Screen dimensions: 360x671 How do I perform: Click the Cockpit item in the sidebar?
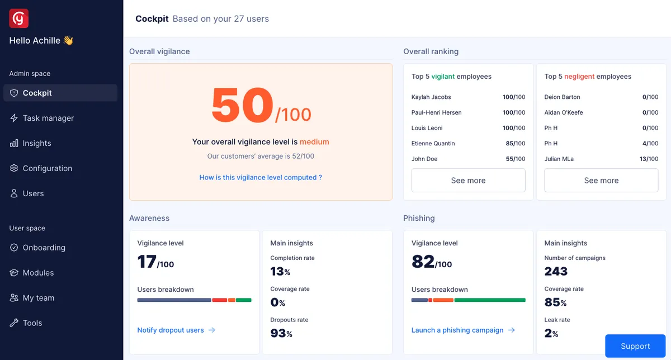pos(60,93)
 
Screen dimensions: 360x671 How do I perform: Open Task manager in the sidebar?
pos(48,118)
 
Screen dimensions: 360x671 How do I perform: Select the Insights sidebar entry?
pos(37,143)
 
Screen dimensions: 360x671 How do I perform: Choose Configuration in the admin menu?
pos(47,168)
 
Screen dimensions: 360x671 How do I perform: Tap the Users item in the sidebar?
pos(33,193)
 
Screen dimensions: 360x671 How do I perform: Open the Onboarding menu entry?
pos(44,248)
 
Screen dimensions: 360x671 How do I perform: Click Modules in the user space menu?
pos(38,273)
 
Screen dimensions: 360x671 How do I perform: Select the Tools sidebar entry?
pos(32,323)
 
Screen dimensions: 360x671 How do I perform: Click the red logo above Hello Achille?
pos(19,18)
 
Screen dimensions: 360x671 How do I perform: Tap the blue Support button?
pos(635,346)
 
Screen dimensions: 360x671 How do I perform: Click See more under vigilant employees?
pos(468,181)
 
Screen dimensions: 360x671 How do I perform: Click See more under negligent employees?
pos(601,181)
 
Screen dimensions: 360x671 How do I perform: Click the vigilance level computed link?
pos(261,177)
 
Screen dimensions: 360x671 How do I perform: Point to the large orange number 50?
pos(242,106)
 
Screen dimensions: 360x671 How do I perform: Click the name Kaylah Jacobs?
pos(431,97)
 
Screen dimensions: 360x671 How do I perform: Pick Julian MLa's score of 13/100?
pos(649,159)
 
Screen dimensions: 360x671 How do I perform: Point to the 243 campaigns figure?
pos(556,272)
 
